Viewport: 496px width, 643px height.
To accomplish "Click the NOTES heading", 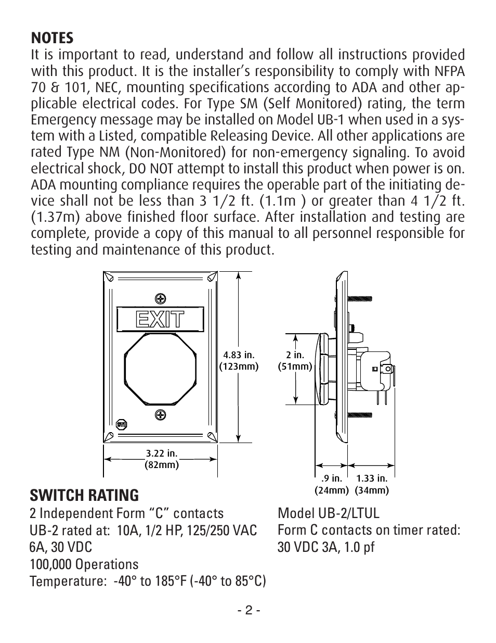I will (52, 38).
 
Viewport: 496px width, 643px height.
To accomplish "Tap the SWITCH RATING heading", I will (84, 495).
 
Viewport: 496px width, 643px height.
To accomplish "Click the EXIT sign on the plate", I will (160, 319).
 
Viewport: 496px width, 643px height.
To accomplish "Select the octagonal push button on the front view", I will (160, 364).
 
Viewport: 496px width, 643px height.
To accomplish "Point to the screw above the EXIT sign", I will (161, 298).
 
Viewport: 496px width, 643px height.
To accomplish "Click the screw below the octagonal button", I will (161, 415).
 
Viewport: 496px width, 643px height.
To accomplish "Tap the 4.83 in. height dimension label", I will (239, 360).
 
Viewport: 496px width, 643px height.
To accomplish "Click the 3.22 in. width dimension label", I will (161, 459).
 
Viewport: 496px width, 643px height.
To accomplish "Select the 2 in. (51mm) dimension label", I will (295, 360).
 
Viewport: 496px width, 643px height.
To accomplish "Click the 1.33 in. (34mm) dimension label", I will (372, 484).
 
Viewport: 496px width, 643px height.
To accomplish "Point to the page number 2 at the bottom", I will (248, 611).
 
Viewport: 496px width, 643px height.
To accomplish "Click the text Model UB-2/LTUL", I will (329, 513).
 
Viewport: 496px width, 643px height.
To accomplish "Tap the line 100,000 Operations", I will (84, 564).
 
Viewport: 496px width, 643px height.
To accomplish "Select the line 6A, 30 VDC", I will (61, 547).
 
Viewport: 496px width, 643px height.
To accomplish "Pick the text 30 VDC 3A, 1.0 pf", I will (326, 547).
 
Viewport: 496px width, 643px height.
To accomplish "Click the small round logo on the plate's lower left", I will (121, 424).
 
